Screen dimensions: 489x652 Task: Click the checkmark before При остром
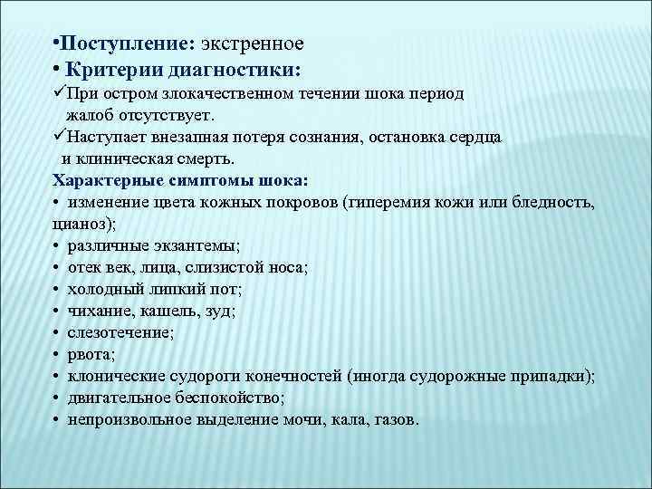pyautogui.click(x=59, y=93)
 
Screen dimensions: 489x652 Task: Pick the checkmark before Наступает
pyautogui.click(x=59, y=136)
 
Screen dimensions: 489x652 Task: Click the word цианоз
pyautogui.click(x=79, y=223)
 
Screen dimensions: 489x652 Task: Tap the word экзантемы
pyautogui.click(x=201, y=244)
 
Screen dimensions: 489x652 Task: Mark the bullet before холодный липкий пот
pyautogui.click(x=56, y=289)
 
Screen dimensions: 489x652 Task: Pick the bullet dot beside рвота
pyautogui.click(x=56, y=354)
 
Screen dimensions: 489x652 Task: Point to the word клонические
pyautogui.click(x=114, y=377)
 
